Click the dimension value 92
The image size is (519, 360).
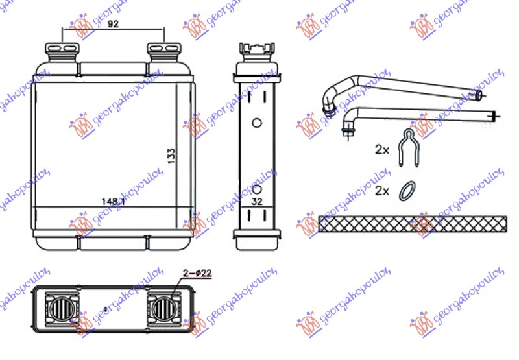point(113,25)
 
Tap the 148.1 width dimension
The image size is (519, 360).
point(113,201)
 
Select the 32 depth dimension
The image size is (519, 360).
point(256,201)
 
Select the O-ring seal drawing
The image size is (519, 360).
point(407,190)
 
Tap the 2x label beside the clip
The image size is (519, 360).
point(381,150)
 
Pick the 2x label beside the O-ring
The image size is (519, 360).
point(381,191)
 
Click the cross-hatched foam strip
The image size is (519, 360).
point(413,224)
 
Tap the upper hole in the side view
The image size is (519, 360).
point(256,123)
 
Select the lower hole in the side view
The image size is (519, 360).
point(256,190)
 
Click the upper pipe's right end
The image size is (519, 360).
point(479,95)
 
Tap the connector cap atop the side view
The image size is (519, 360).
point(256,51)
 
